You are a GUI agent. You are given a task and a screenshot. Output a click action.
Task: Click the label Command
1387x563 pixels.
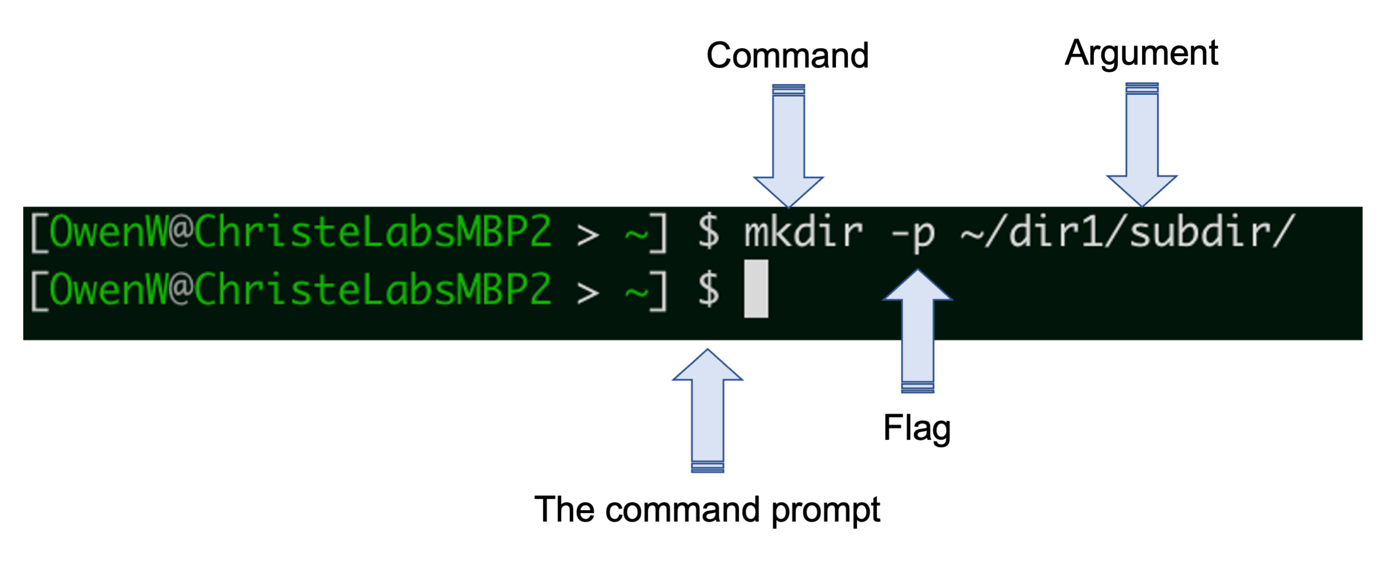[788, 56]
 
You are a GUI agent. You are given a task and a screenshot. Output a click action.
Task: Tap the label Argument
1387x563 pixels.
[1141, 53]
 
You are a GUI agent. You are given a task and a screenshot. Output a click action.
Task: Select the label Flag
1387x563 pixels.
[917, 428]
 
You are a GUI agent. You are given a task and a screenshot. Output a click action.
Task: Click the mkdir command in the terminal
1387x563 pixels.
[803, 232]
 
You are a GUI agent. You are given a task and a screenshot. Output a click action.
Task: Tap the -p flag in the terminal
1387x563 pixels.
[913, 233]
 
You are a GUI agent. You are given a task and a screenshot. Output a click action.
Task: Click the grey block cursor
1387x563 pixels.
[756, 289]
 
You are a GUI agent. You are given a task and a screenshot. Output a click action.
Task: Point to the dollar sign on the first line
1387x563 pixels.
[709, 232]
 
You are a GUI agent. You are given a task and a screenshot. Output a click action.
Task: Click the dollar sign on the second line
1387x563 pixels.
[709, 289]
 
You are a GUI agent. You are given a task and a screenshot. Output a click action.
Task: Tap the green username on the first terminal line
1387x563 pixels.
[108, 232]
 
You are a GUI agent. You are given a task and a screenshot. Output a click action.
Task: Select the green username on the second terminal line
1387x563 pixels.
[108, 289]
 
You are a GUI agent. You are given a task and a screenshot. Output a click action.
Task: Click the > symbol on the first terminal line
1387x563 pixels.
[588, 235]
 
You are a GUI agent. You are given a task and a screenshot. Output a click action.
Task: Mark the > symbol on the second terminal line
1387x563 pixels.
[588, 292]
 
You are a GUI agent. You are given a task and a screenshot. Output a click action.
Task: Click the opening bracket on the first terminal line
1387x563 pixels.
[39, 232]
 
